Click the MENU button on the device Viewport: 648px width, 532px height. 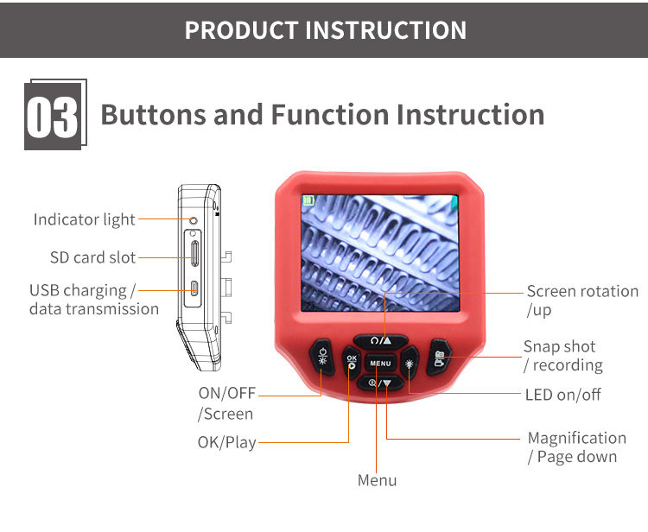381,363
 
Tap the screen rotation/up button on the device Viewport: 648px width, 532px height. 381,340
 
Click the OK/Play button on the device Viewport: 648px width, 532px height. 350,363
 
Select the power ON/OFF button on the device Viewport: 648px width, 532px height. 321,356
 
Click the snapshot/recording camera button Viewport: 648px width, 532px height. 440,355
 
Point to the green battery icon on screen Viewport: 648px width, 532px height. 308,200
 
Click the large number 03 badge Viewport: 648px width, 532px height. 54,116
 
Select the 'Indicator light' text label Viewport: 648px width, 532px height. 85,219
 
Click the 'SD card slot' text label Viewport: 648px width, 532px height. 92,257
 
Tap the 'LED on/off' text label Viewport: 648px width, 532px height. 563,395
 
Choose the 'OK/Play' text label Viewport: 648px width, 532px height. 227,442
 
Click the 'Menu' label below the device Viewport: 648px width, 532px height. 378,481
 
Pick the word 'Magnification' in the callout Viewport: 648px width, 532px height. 576,438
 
